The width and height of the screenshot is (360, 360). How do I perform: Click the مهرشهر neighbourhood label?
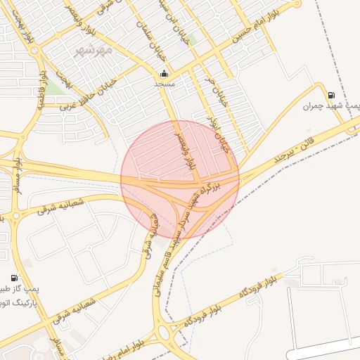point(96,51)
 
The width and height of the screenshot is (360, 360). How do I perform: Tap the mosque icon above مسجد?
point(165,74)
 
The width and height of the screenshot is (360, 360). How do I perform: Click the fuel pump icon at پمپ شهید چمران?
point(330,95)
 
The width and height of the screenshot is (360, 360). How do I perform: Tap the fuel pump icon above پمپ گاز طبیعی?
point(15,278)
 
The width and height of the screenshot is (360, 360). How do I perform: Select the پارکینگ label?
point(18,298)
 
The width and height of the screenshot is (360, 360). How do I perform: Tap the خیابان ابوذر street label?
point(224,132)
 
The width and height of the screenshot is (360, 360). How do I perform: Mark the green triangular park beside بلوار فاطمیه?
point(55,87)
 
